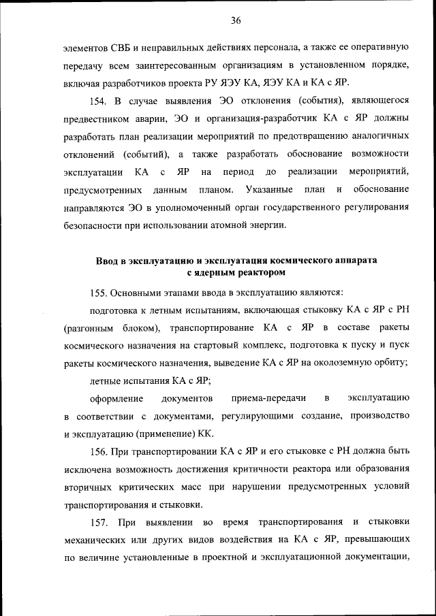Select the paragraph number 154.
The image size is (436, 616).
[99, 101]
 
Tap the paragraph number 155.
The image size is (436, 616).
[99, 293]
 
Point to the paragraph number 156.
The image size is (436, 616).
[99, 451]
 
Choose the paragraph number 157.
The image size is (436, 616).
[99, 521]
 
